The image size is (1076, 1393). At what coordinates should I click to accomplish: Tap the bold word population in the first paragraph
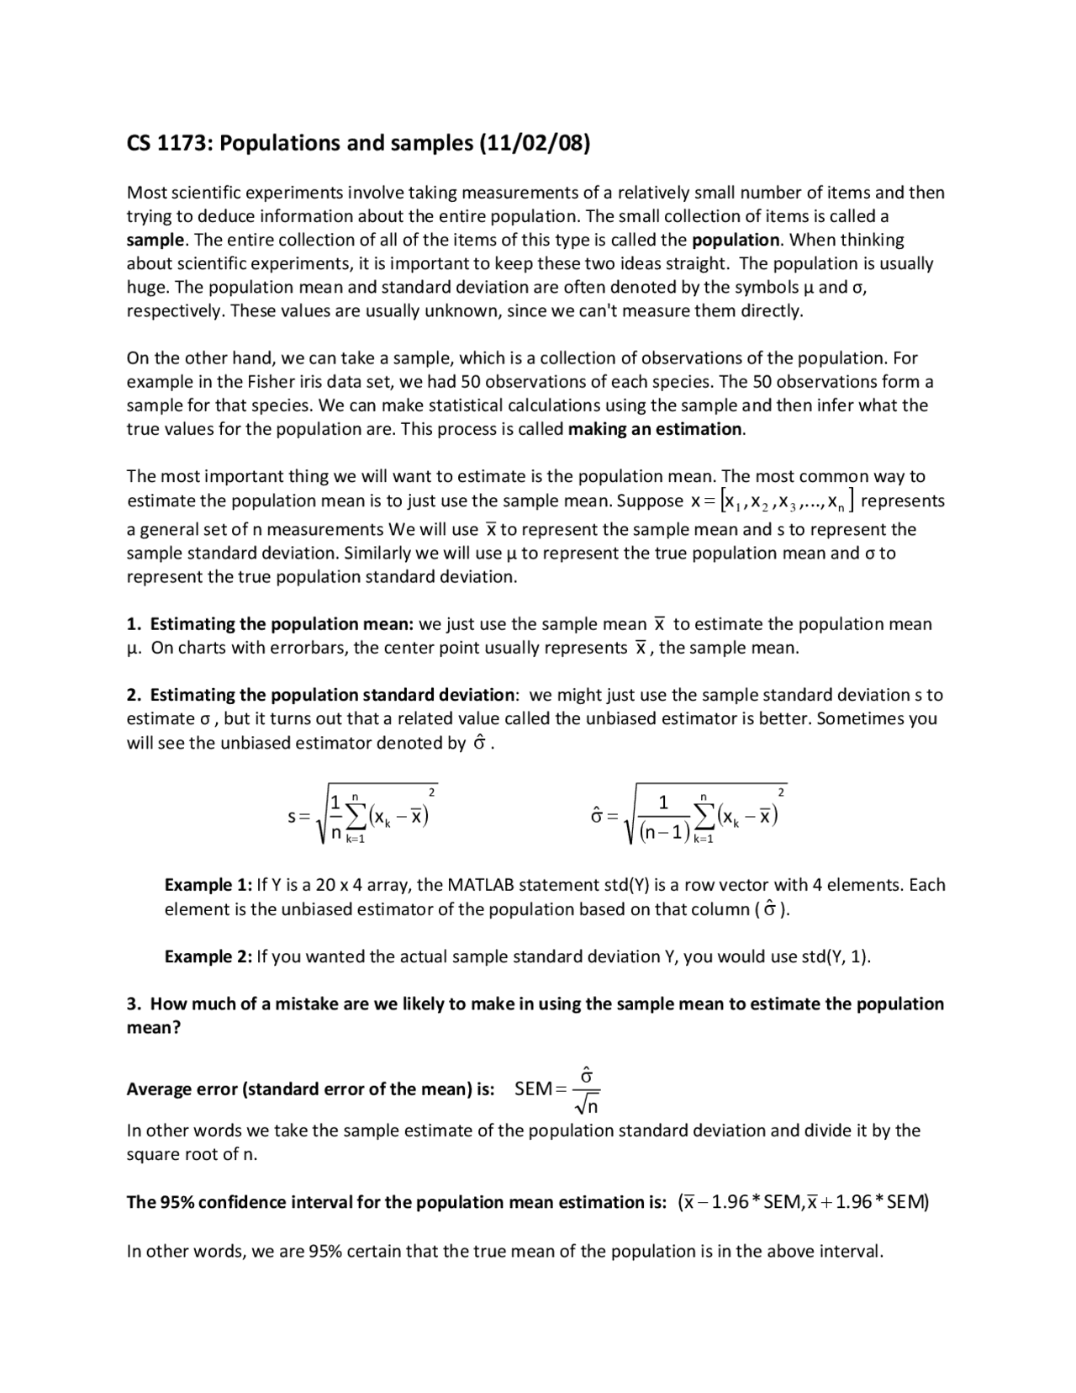click(x=736, y=240)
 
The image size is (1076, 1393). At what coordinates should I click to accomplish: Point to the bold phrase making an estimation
click(x=655, y=429)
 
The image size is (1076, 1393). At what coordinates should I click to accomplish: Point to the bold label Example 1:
click(x=208, y=885)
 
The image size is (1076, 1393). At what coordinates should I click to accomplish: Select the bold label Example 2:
click(x=208, y=956)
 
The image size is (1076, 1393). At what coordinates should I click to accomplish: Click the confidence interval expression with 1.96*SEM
click(x=803, y=1202)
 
